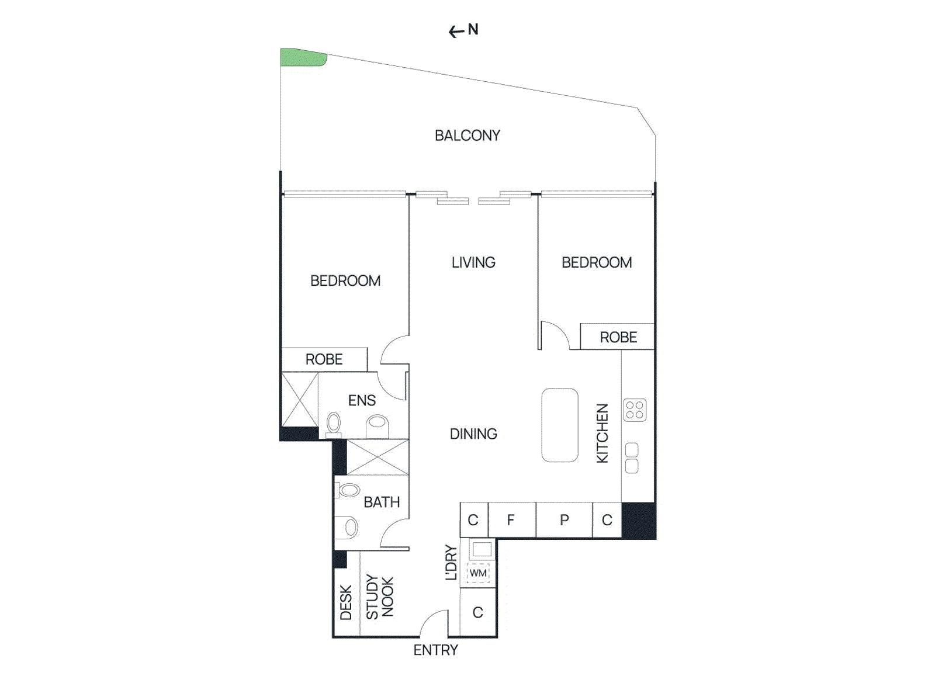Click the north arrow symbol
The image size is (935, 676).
point(456,31)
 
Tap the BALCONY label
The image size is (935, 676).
point(467,136)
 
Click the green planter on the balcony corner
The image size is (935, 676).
point(302,57)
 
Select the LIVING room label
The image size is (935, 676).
point(473,262)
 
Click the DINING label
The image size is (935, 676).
point(473,434)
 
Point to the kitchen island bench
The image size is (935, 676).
point(559,425)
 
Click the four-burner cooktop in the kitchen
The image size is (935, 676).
point(634,410)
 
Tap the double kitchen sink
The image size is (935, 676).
point(632,457)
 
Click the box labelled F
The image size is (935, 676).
point(511,519)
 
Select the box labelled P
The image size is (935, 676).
point(564,519)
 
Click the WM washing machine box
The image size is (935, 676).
point(478,573)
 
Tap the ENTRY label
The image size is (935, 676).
point(435,650)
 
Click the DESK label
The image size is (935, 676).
point(346,602)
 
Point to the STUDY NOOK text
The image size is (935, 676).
point(380,597)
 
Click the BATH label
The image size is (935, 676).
point(382,502)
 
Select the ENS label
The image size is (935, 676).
point(362,400)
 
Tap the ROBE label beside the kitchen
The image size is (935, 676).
point(618,337)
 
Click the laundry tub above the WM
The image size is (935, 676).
point(482,549)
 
